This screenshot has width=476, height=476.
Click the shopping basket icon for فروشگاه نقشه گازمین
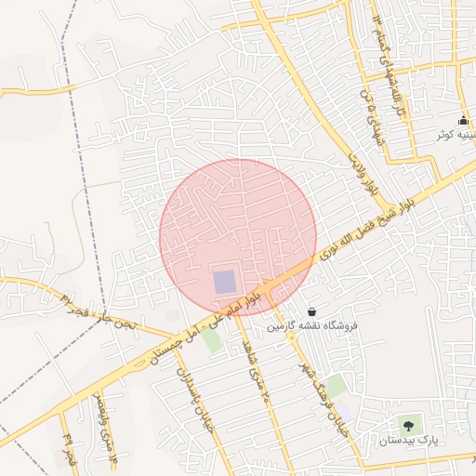point(311,312)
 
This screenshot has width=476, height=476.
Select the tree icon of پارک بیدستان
point(407,425)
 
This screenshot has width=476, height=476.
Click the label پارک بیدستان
point(407,439)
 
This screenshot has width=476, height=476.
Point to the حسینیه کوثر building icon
point(463,120)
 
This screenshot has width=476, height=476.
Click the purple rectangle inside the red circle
point(225,281)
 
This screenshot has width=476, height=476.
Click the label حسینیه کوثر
point(457,136)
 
